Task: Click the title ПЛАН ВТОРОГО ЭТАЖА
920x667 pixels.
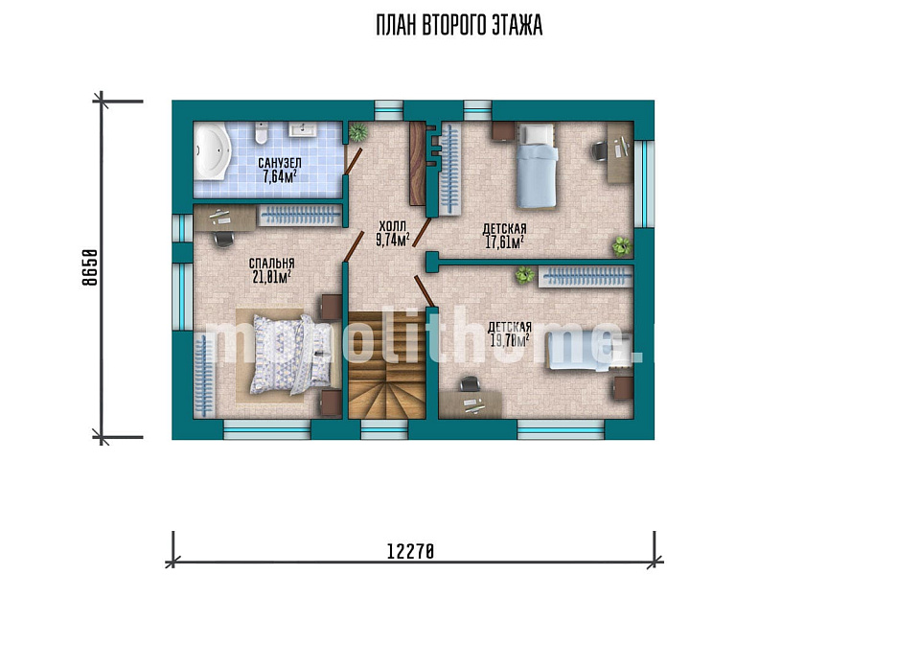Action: [x=459, y=26]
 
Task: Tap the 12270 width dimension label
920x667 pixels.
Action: [x=410, y=551]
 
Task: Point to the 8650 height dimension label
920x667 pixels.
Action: [x=89, y=267]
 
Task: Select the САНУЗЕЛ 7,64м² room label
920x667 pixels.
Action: [x=279, y=170]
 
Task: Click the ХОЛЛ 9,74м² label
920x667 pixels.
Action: [x=393, y=234]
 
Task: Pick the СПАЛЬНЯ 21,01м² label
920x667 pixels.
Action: [x=271, y=270]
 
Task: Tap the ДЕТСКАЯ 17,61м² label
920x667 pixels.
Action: [x=505, y=235]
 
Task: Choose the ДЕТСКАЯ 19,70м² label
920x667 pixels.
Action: [x=510, y=333]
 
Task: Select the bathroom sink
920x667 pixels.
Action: [x=303, y=129]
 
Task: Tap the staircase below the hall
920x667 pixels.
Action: [x=386, y=365]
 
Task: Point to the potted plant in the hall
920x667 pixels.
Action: [x=357, y=132]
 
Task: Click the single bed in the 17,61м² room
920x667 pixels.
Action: [x=536, y=166]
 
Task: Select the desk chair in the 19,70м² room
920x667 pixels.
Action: [x=470, y=384]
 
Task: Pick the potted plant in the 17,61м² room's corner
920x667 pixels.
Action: [x=622, y=246]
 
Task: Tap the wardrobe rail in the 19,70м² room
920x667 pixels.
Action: [x=586, y=276]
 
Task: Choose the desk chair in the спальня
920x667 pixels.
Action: [x=223, y=239]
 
